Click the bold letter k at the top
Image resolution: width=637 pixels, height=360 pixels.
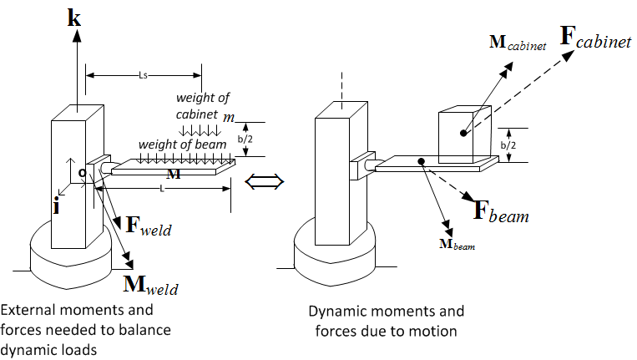pos(74,18)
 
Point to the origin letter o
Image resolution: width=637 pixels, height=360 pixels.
pos(83,173)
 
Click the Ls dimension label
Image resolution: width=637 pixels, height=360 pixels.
pos(143,75)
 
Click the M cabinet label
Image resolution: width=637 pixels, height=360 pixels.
pos(518,43)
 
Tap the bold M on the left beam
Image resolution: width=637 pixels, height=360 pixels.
pos(174,174)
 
